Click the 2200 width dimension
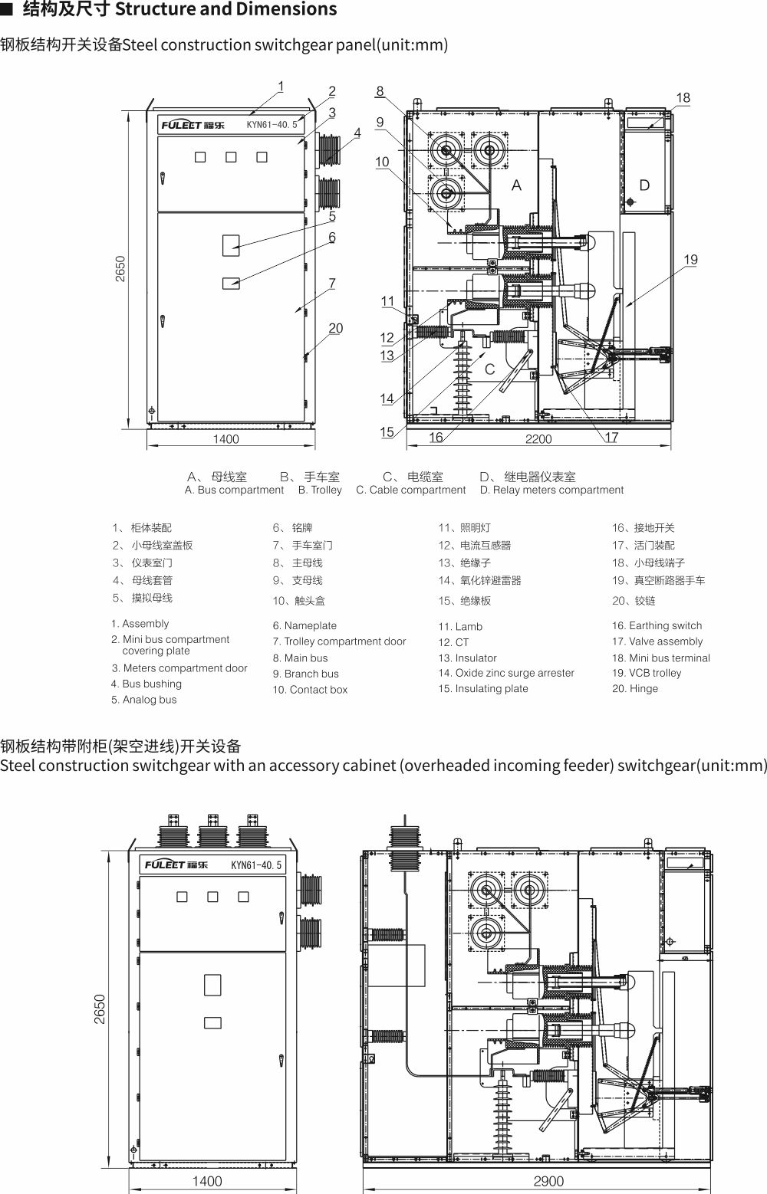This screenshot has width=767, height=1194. pos(538,439)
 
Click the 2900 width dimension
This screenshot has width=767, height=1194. pos(548,1181)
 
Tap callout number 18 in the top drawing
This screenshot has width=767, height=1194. pos(683,97)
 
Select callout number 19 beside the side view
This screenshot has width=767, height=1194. pos(690,260)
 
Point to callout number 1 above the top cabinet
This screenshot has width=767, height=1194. pos(281,86)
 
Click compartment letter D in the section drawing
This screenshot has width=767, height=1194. pos(644,185)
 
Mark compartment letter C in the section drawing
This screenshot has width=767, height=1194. pos(489,369)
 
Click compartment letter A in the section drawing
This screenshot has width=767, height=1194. pos(516,185)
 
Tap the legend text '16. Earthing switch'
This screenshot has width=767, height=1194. pos(657,625)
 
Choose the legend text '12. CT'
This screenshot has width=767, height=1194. pos(453,642)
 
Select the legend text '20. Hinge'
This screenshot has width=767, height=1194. pos(634,688)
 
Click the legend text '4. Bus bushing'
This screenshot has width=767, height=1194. pos(146,684)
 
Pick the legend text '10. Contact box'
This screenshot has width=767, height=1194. pos(310,690)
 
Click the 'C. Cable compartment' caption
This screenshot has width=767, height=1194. pos(410,490)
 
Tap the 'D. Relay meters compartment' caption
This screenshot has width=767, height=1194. pos(551,490)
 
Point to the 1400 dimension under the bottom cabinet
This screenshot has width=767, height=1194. pos(206,1181)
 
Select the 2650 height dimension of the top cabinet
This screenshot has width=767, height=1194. pos(120,267)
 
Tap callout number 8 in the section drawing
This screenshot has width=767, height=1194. pos(380,91)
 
